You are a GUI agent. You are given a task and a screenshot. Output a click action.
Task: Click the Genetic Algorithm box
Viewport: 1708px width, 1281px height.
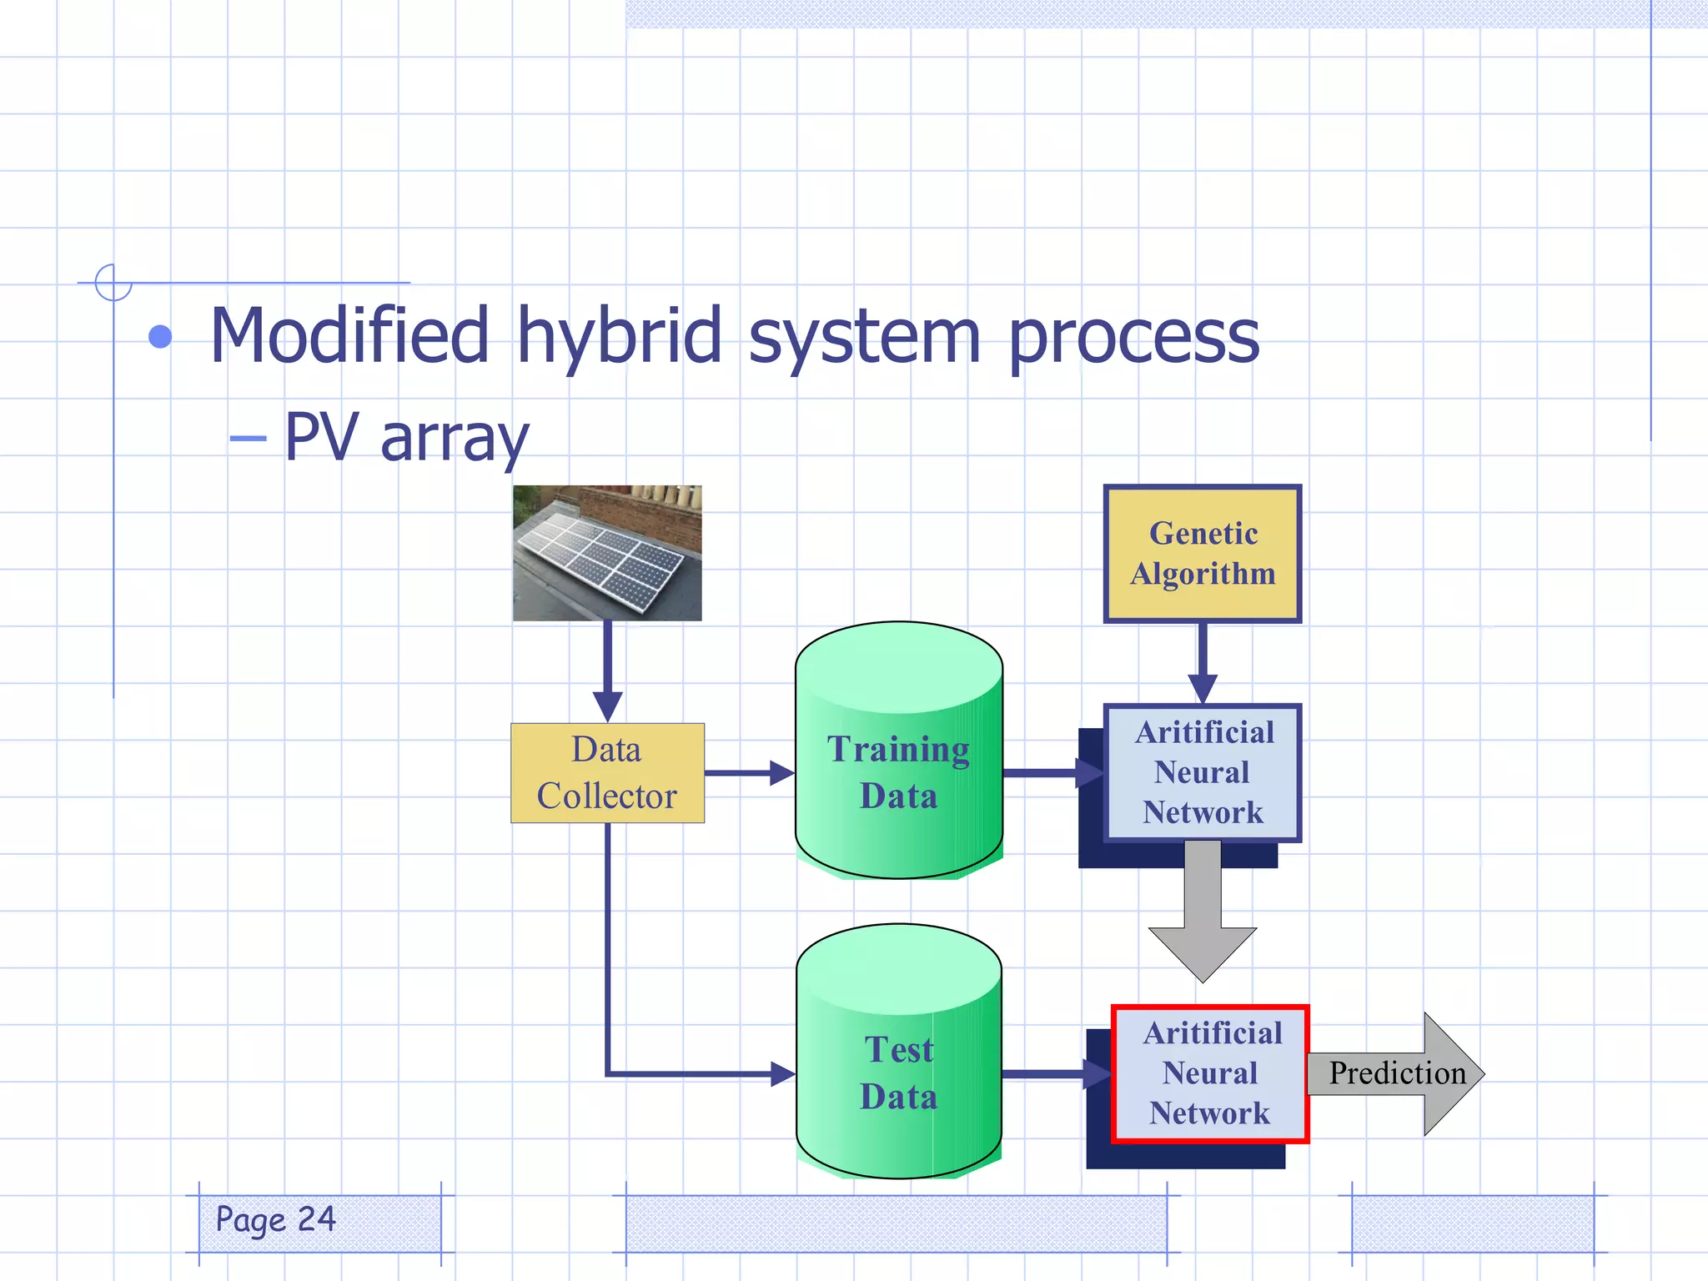pyautogui.click(x=1202, y=554)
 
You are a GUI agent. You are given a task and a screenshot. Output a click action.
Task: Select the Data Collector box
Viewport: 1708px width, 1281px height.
pyautogui.click(x=607, y=773)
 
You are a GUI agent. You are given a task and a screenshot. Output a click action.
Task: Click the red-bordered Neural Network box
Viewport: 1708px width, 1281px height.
pyautogui.click(x=1210, y=1073)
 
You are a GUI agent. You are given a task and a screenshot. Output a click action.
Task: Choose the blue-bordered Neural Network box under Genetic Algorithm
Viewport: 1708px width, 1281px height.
pyautogui.click(x=1202, y=772)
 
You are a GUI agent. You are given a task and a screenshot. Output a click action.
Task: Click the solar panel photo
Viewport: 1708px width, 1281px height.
pyautogui.click(x=607, y=553)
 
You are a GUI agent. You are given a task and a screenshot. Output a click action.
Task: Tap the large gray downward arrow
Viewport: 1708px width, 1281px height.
pyautogui.click(x=1202, y=917)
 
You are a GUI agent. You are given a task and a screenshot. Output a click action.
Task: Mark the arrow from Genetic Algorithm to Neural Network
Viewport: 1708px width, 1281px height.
pyautogui.click(x=1202, y=663)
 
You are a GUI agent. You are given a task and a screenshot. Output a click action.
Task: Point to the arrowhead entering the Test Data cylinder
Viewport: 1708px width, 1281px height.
pyautogui.click(x=782, y=1073)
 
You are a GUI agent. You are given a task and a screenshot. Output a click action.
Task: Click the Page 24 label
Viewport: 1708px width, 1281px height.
pyautogui.click(x=276, y=1219)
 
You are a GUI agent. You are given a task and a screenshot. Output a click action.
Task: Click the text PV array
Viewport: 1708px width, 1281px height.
pyautogui.click(x=406, y=437)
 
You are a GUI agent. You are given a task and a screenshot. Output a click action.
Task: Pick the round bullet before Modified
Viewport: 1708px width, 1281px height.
pyautogui.click(x=160, y=337)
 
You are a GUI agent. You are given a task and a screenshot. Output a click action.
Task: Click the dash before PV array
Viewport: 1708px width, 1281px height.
pyautogui.click(x=248, y=438)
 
